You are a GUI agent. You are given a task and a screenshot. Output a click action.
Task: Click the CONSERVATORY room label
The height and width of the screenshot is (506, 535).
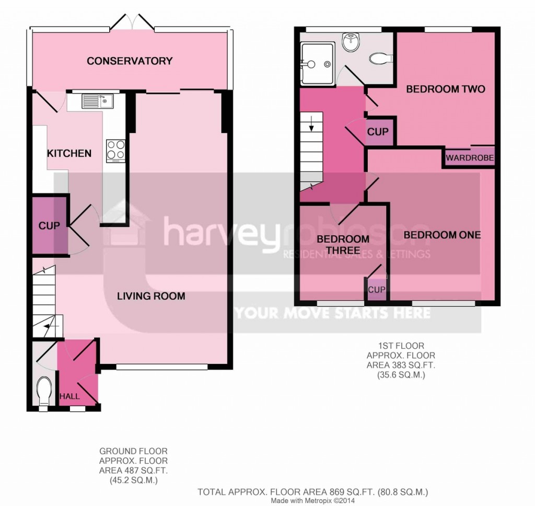[x=130, y=61]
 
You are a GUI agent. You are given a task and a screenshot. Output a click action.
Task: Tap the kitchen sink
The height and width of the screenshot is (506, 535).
[x=97, y=101]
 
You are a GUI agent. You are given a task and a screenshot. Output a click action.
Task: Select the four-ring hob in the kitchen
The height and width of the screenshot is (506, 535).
[x=115, y=151]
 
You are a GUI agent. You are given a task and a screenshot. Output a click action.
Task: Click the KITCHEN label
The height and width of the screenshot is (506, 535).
[x=69, y=153]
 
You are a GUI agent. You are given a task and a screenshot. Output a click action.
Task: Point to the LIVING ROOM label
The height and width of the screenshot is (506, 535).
[x=151, y=296]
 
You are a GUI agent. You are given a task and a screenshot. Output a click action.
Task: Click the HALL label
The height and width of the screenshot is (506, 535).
[x=69, y=396]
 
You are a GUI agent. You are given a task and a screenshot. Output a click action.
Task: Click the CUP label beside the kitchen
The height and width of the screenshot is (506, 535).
[x=49, y=226]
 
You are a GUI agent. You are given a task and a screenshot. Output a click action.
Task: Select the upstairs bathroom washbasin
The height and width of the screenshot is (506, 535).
[x=351, y=42]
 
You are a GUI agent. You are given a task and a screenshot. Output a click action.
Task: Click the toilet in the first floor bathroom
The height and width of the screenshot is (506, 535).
[x=381, y=59]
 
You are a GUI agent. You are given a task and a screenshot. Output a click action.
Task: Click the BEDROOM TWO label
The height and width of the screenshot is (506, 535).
[x=446, y=89]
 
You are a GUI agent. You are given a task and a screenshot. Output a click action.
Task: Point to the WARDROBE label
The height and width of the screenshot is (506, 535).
[x=470, y=158]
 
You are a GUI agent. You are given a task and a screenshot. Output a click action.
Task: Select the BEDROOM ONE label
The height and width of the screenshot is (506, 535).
[x=442, y=235]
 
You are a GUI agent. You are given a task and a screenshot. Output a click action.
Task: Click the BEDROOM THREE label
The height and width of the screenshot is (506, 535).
[x=343, y=245]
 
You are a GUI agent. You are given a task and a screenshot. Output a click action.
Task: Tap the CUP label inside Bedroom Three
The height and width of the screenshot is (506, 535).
[x=377, y=290]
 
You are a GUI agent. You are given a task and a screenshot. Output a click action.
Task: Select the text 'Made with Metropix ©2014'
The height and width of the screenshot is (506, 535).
[x=313, y=501]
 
